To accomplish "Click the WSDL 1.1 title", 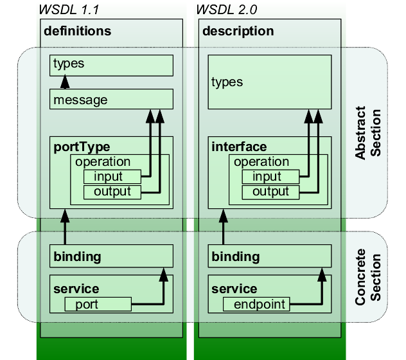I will (x=68, y=11).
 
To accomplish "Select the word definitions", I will (x=77, y=31).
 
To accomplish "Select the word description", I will (x=238, y=31).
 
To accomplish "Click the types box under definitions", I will (x=111, y=65).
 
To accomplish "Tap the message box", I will (x=111, y=100).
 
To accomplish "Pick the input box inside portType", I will (x=112, y=177).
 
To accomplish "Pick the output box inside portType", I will (x=112, y=192).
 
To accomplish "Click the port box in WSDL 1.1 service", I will (x=98, y=304).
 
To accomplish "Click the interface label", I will (x=239, y=147).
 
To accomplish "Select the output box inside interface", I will (x=270, y=192).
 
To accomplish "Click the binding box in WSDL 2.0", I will (x=270, y=256).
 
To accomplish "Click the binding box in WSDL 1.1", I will (x=111, y=256).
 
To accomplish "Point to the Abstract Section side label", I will (x=369, y=134).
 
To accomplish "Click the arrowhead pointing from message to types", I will (x=64, y=82).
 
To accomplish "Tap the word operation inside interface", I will (x=261, y=162).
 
